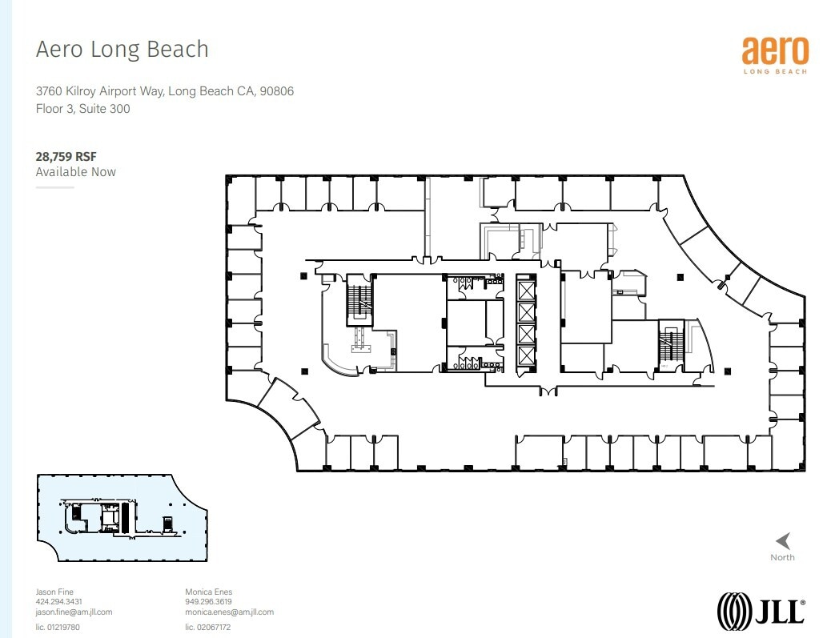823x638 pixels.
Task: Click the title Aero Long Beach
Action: [x=122, y=50]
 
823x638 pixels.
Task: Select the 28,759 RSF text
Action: [x=66, y=157]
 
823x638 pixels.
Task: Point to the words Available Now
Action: [x=76, y=172]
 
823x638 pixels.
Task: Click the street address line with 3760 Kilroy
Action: [x=164, y=91]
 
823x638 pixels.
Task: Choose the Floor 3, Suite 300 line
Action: [x=83, y=108]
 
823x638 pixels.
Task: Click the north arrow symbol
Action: [x=783, y=541]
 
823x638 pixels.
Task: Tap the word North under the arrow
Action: [x=783, y=557]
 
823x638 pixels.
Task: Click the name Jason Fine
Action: [x=54, y=592]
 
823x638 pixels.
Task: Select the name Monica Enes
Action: [x=208, y=592]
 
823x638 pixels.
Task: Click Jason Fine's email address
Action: [x=74, y=612]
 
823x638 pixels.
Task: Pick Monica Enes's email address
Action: [x=229, y=612]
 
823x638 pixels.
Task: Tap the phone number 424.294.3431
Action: [x=59, y=602]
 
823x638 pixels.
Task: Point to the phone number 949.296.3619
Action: [x=208, y=602]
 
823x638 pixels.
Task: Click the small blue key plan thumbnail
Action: [x=120, y=518]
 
